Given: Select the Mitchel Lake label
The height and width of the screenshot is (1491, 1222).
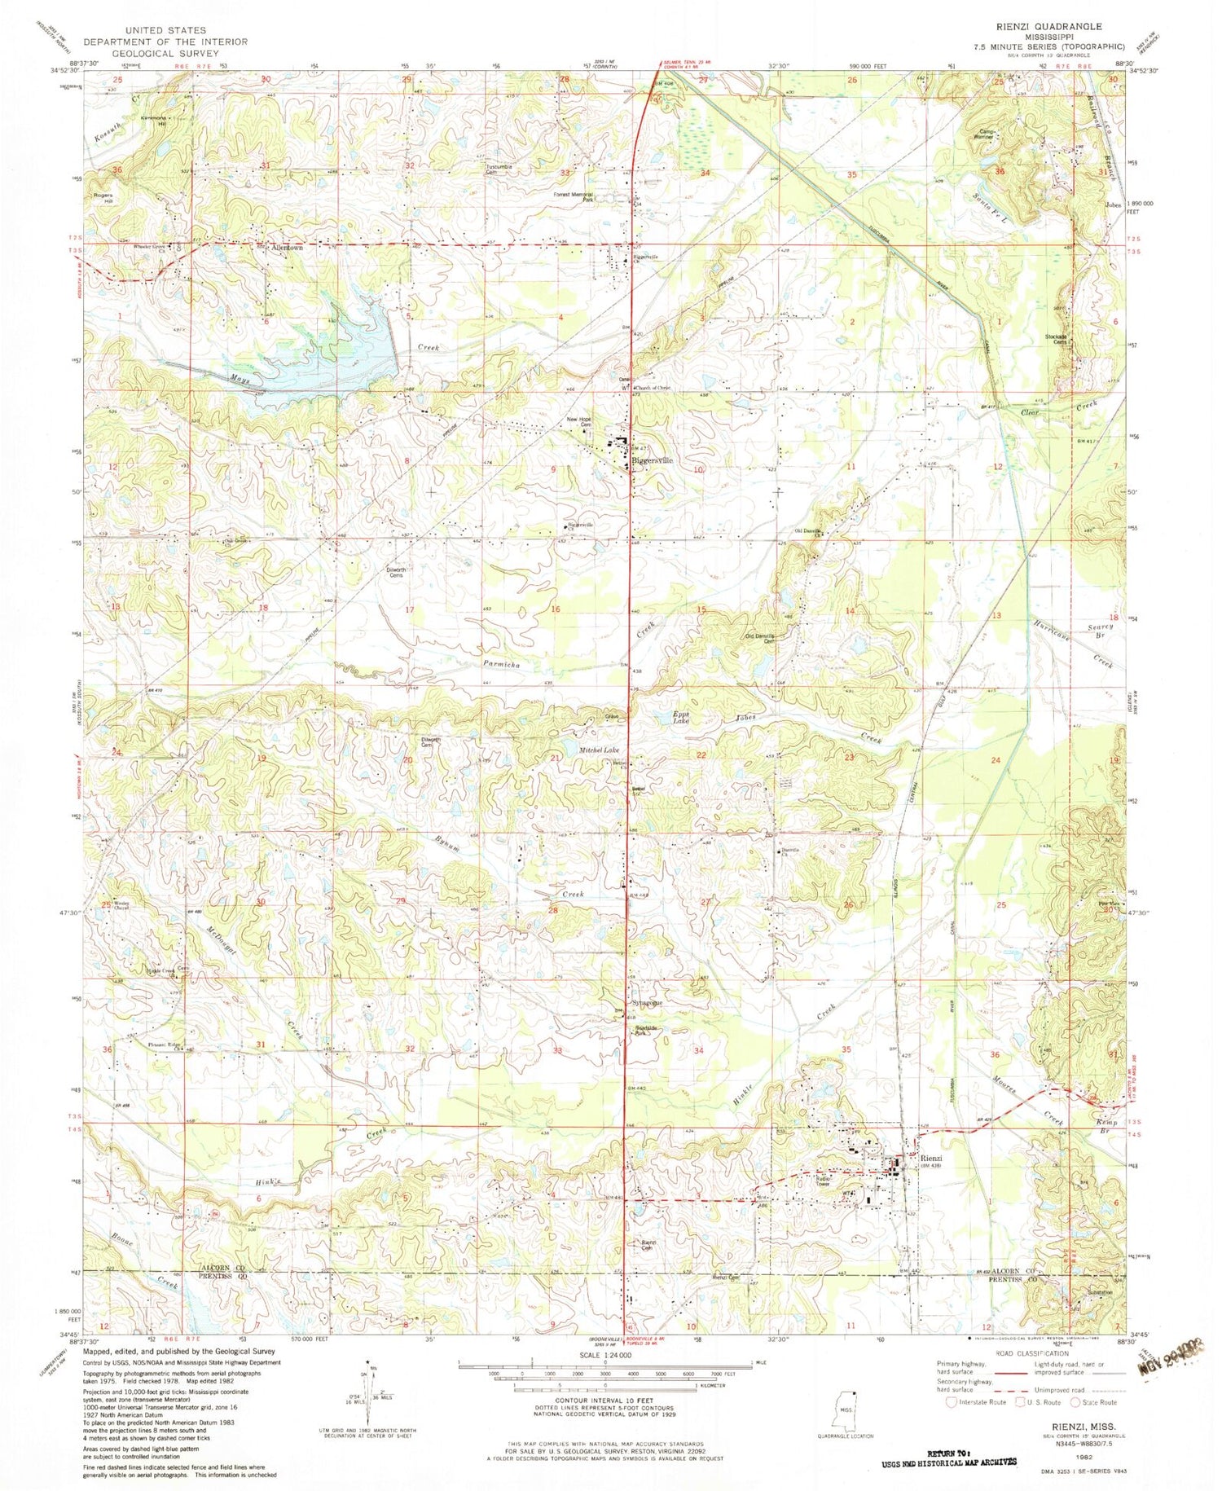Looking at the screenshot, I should (600, 749).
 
